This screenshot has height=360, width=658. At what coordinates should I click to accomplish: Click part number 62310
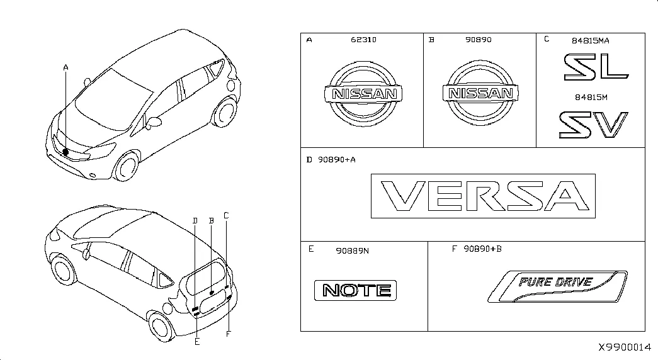coord(363,40)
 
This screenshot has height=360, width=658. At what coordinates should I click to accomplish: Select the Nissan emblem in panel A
coord(363,94)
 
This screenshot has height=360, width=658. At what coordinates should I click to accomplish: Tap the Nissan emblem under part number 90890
coord(480,93)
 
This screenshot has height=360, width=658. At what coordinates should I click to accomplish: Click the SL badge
coord(596,67)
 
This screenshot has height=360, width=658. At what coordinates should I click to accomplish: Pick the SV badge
coord(593,125)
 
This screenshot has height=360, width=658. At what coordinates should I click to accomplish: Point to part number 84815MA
coord(591,41)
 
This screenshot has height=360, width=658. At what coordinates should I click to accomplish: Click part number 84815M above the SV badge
coord(591,98)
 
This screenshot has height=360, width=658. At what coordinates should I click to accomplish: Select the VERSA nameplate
coord(483,196)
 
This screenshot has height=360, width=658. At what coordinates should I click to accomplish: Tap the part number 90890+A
coord(336,160)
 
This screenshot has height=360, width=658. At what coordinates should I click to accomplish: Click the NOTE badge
coord(355,290)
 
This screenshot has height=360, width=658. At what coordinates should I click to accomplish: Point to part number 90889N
coord(353,251)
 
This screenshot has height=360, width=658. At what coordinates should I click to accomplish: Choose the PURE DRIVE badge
coord(558,286)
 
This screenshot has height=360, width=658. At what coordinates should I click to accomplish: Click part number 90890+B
coord(482,249)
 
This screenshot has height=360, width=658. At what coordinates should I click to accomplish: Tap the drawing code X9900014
coord(625,347)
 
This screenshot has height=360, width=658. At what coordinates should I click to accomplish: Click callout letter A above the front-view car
coord(65,67)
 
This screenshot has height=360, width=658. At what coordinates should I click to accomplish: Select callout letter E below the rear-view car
coord(197,342)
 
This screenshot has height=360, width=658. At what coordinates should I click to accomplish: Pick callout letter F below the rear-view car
coord(229,334)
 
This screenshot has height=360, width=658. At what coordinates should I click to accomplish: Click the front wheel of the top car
coord(127,167)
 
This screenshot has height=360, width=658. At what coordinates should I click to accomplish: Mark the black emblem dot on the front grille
coord(65,152)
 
